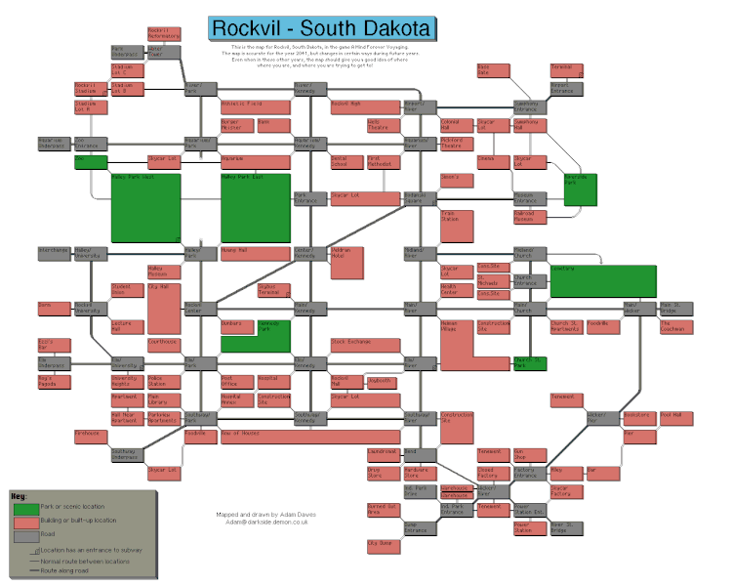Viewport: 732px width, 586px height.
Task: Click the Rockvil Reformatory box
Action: [x=159, y=33]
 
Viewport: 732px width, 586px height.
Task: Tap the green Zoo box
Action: [x=90, y=161]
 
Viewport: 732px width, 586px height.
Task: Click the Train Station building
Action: [x=456, y=227]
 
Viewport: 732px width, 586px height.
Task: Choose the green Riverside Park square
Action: [x=580, y=189]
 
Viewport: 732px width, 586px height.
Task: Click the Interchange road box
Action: [x=53, y=251]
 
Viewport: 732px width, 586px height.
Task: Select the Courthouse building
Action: [x=163, y=343]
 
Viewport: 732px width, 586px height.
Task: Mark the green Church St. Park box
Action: [x=529, y=362]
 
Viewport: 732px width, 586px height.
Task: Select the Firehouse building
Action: [x=89, y=435]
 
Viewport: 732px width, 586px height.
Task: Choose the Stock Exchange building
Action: [x=365, y=344]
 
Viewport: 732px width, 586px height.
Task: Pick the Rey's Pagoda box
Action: [x=52, y=381]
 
